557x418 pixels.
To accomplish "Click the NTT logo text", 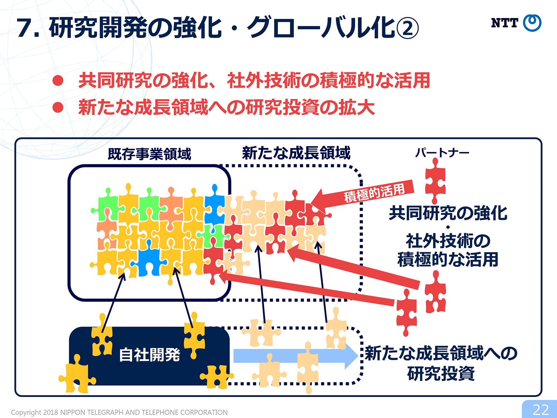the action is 504,23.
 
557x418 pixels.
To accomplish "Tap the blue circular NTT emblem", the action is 532,23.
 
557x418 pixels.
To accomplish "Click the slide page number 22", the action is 541,410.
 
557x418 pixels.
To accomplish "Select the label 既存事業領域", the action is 150,154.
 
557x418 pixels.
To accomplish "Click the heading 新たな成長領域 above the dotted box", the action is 296,153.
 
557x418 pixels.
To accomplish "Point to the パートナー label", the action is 442,153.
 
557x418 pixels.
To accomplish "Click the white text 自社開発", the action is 150,355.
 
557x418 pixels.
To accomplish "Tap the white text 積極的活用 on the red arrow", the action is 374,193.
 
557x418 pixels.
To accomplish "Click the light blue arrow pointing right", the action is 295,356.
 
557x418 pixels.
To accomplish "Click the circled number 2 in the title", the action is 407,28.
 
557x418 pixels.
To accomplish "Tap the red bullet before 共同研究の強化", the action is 58,81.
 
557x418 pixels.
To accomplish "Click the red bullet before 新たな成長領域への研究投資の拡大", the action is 58,107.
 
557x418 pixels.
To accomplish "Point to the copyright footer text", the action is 119,412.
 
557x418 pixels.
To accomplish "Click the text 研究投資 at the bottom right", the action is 441,373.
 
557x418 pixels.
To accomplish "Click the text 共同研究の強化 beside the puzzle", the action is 448,213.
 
